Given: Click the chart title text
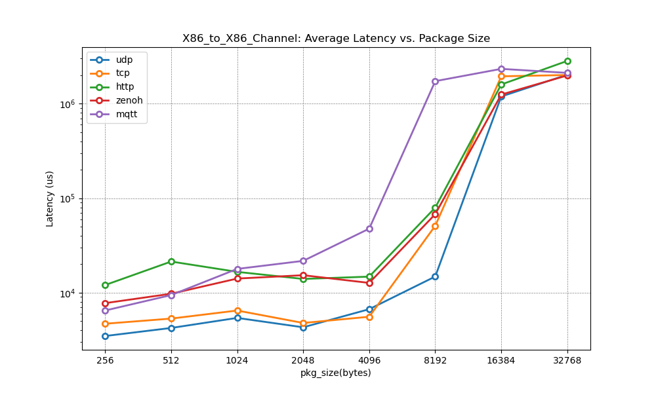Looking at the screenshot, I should pos(336,39).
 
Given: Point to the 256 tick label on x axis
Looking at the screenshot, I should pos(105,360).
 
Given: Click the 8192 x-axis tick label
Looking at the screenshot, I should pos(435,360).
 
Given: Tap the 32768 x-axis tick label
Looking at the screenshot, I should pos(567,360).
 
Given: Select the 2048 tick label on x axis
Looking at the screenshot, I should pos(303,360).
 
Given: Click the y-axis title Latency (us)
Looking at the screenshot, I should pos(50,198).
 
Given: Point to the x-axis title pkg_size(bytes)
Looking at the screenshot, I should pos(336,373).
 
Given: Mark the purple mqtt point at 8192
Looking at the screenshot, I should pos(435,81).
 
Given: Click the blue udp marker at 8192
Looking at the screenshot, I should pos(435,276).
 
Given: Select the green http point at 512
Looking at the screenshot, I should pos(171,261).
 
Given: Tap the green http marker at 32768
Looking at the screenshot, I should pos(567,61).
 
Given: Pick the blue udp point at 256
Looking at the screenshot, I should pos(105,336).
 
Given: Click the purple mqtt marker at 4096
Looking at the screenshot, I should pos(369,229).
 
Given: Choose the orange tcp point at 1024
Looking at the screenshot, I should pos(237,310).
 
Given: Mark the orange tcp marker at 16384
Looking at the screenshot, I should pos(501,76).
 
